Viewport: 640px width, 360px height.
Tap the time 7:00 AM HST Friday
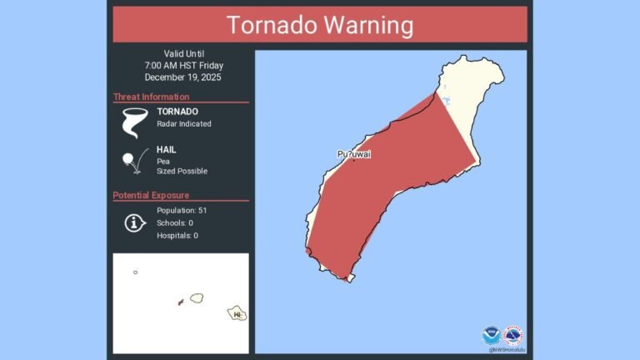[x=183, y=65]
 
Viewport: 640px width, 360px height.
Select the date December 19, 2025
[x=183, y=77]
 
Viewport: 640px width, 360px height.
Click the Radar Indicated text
[x=184, y=124]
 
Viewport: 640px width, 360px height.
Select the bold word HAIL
[x=167, y=150]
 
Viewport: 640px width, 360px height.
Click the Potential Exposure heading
[x=151, y=196]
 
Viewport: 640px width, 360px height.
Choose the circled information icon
[x=134, y=222]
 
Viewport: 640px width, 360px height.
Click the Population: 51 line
[x=182, y=210]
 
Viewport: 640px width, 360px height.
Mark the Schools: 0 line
[x=175, y=222]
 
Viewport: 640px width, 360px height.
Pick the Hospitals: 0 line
[x=177, y=236]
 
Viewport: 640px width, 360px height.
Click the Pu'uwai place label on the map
[x=354, y=154]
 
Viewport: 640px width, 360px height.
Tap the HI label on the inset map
[x=237, y=314]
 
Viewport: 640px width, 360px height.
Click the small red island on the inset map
[x=180, y=302]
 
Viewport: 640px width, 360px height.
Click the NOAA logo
[x=491, y=336]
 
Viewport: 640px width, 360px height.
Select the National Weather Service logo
[x=512, y=336]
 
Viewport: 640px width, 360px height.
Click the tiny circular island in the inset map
[x=135, y=272]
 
